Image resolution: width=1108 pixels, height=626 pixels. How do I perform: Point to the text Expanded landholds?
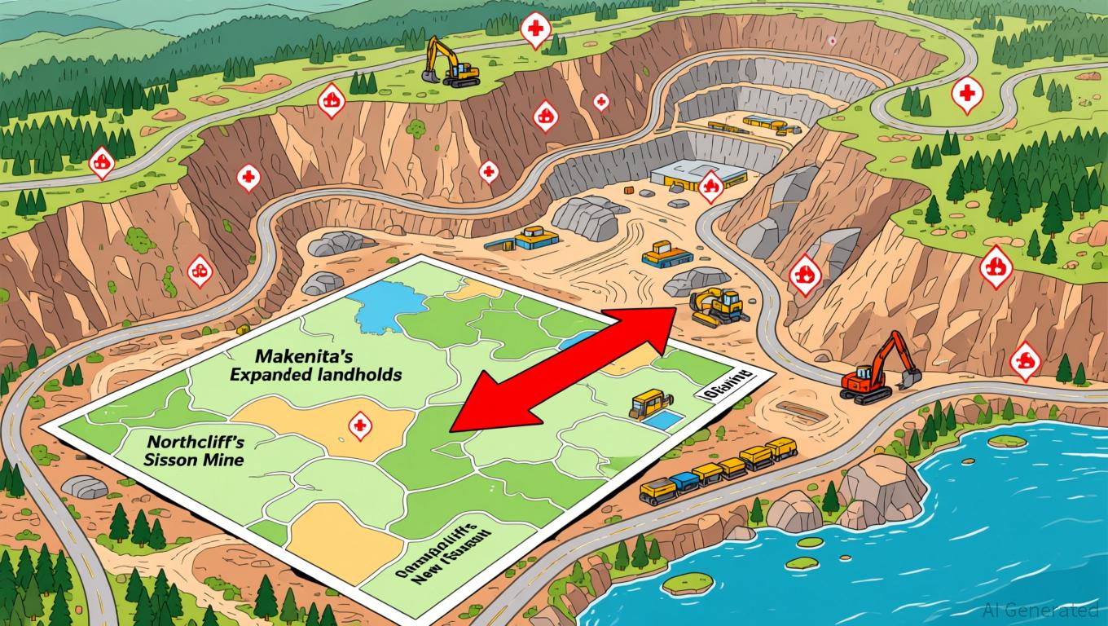pos(315,375)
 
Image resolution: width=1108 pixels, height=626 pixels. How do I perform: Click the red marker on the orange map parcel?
pos(359,424)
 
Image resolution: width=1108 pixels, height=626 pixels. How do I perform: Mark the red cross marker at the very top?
pos(534,30)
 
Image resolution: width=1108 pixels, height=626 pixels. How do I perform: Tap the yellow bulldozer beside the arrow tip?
pos(717,306)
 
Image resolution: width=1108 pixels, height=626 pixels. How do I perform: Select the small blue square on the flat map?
pos(666,421)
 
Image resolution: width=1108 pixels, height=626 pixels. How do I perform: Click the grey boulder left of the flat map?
pos(84,487)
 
